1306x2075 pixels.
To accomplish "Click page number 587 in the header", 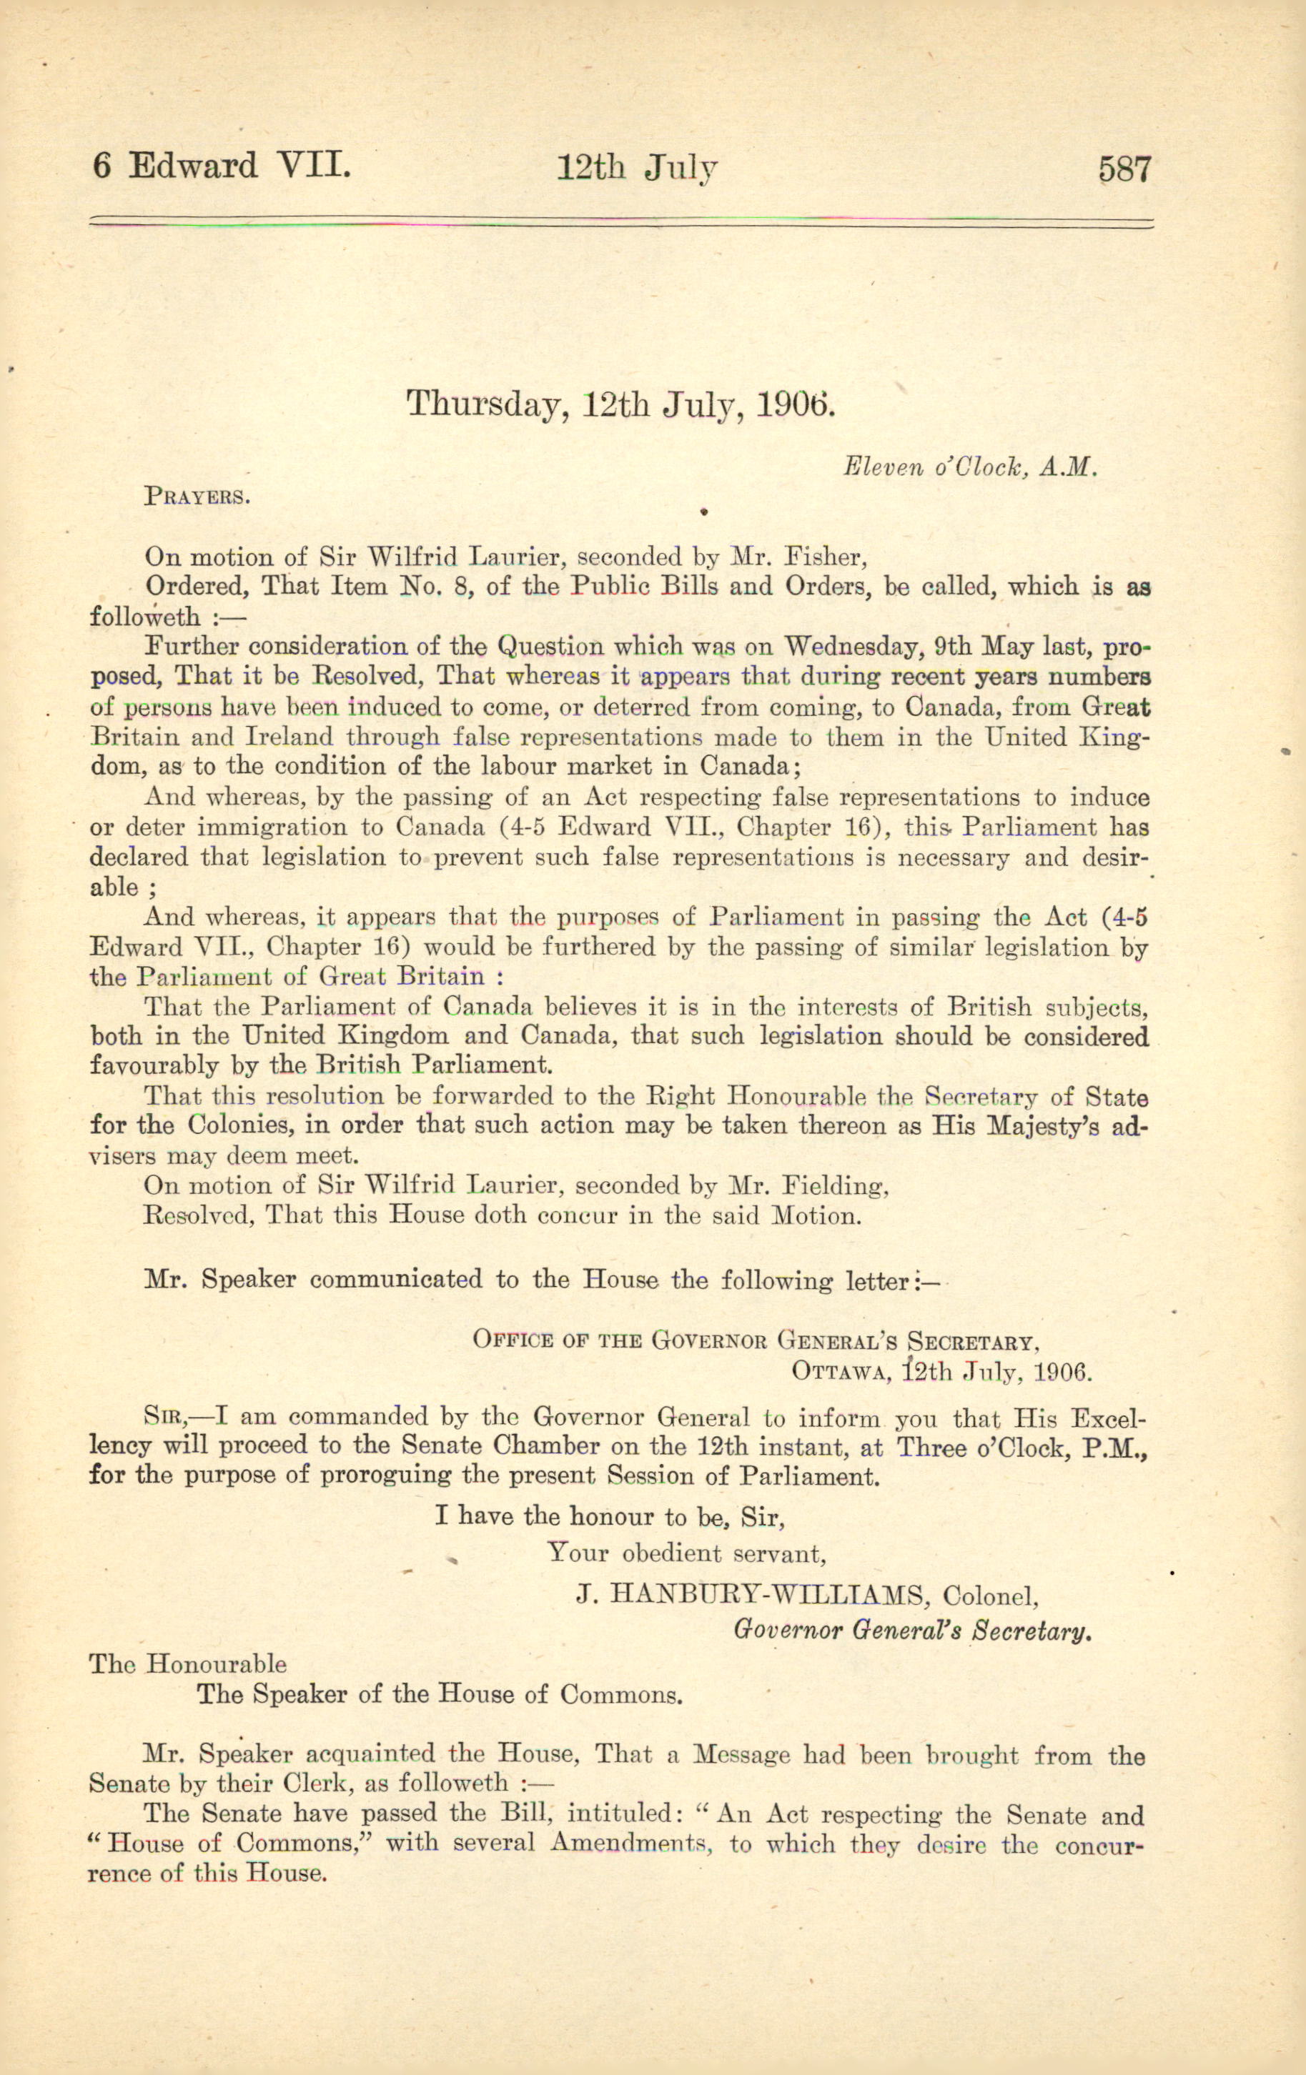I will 1124,168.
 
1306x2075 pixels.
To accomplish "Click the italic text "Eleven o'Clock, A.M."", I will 970,468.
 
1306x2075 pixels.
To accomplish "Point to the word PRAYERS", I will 197,497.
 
